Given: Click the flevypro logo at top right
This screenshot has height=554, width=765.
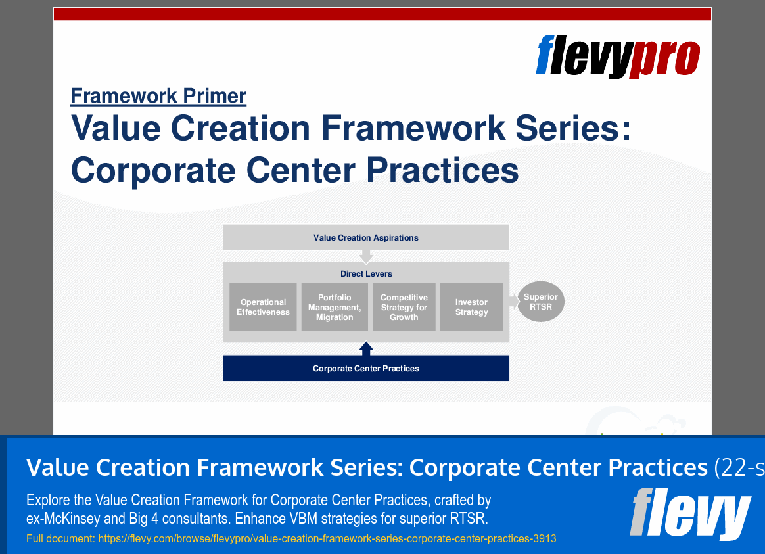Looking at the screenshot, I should [x=617, y=57].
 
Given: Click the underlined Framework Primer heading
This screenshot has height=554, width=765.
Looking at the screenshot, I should [x=158, y=96].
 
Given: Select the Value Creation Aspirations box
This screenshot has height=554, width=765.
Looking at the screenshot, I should [x=366, y=237].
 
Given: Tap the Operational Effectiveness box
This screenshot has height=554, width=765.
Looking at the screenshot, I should [x=263, y=307].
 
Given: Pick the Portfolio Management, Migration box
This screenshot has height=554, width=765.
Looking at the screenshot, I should [x=335, y=307].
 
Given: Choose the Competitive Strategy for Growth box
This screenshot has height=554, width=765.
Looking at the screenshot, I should [x=404, y=307].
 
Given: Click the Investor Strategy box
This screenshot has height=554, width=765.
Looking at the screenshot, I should [x=471, y=307].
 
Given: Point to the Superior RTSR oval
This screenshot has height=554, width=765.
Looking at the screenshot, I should [x=540, y=302].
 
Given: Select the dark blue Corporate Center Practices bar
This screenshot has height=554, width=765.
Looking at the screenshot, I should [x=366, y=368].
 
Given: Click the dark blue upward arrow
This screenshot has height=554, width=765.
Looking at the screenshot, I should [x=367, y=348].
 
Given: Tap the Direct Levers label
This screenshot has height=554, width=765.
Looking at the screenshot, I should [x=366, y=273].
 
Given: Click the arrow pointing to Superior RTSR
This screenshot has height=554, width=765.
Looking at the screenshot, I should [x=513, y=302].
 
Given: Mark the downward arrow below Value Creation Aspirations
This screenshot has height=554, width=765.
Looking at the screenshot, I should [x=367, y=256].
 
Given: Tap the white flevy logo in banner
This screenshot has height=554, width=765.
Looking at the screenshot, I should [x=689, y=513].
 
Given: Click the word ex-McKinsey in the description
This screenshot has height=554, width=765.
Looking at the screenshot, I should [x=63, y=519].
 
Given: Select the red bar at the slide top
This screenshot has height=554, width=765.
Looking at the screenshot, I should [x=382, y=14].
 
